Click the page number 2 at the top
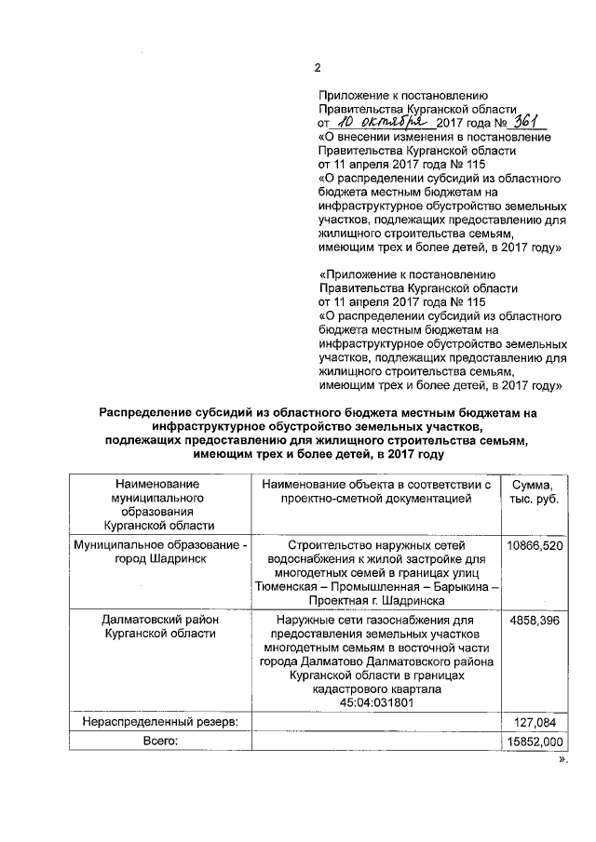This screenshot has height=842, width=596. click(318, 67)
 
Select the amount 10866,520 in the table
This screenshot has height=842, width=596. click(534, 545)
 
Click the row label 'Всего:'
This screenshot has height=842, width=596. click(157, 741)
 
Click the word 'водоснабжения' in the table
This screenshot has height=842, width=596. click(307, 559)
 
